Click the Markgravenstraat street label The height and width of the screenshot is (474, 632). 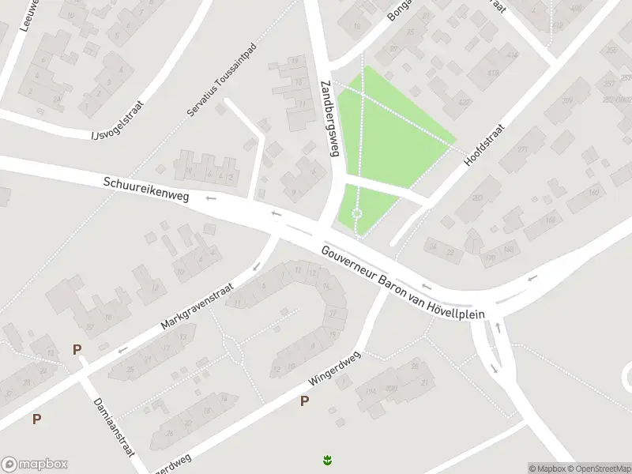pyautogui.click(x=198, y=307)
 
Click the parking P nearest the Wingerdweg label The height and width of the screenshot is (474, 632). pyautogui.click(x=304, y=402)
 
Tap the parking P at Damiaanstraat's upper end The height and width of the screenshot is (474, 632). pyautogui.click(x=77, y=349)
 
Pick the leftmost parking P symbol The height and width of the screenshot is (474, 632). pyautogui.click(x=36, y=419)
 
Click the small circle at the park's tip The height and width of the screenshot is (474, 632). pyautogui.click(x=356, y=213)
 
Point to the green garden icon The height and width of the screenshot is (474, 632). pyautogui.click(x=326, y=459)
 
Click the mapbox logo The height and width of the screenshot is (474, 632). pyautogui.click(x=35, y=465)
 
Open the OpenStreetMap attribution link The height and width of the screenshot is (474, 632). pyautogui.click(x=598, y=468)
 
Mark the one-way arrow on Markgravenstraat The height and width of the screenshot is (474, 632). pyautogui.click(x=122, y=350)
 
